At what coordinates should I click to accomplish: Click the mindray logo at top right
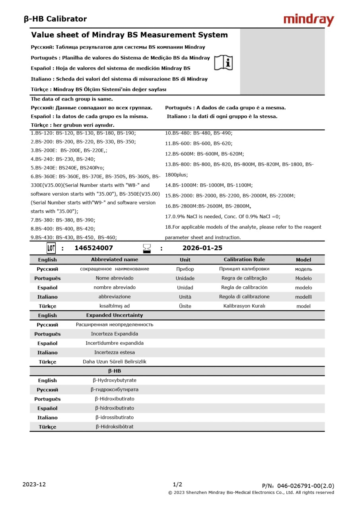(309, 19)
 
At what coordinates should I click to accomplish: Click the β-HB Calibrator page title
(55, 19)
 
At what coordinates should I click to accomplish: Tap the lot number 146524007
(93, 248)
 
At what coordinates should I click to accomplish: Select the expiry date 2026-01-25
(202, 248)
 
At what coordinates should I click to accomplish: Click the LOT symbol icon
(51, 249)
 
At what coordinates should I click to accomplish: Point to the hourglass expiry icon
(147, 249)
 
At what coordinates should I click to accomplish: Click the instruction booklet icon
(224, 62)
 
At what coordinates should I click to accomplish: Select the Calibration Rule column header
(244, 260)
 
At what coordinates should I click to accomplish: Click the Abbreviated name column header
(115, 260)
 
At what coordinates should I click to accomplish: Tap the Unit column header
(185, 260)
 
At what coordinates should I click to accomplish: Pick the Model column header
(304, 260)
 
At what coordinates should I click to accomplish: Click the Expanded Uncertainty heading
(115, 315)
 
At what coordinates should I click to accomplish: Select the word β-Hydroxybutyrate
(115, 381)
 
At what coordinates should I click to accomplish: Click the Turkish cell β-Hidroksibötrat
(115, 427)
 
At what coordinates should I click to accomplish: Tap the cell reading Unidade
(185, 278)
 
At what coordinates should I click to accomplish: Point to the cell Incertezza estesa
(115, 352)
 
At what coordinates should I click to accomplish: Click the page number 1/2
(177, 484)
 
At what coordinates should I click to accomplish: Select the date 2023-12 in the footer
(34, 484)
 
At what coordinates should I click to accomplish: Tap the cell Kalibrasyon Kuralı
(244, 306)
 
